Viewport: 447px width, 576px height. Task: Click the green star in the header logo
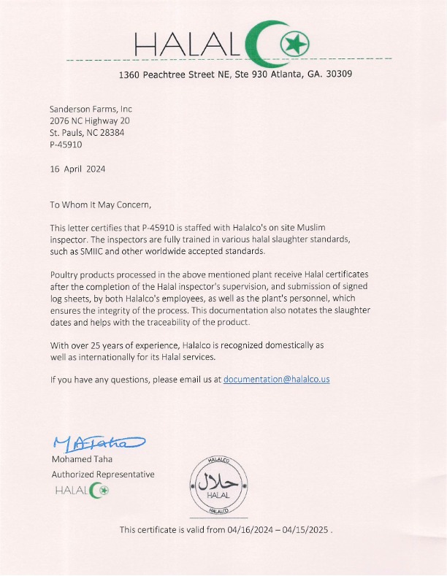click(294, 45)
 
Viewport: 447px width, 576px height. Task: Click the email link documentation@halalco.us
click(276, 380)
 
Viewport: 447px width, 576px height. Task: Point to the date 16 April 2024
click(77, 169)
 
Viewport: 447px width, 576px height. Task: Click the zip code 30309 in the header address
click(338, 74)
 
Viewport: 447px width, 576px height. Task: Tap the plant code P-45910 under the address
click(66, 145)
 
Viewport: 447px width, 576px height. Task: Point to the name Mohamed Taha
click(81, 459)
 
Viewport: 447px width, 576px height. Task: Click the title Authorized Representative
click(102, 474)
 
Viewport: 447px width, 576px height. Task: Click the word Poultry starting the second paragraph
click(64, 273)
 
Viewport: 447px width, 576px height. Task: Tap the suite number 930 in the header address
click(259, 74)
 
